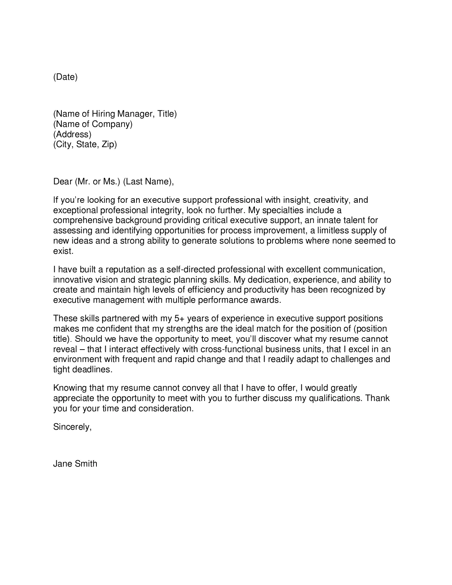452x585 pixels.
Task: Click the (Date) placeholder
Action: point(65,77)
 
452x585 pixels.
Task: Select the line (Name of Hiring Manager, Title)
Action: point(115,114)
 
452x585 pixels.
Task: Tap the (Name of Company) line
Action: point(93,124)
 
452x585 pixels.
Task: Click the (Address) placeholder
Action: point(72,134)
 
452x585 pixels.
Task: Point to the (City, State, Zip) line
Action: point(85,145)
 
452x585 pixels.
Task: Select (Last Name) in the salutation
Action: point(148,182)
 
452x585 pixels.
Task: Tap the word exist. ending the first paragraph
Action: point(63,251)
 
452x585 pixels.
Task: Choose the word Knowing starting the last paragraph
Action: point(69,388)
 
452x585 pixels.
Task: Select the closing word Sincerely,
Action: point(72,427)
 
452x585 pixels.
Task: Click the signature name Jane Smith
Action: point(75,464)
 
